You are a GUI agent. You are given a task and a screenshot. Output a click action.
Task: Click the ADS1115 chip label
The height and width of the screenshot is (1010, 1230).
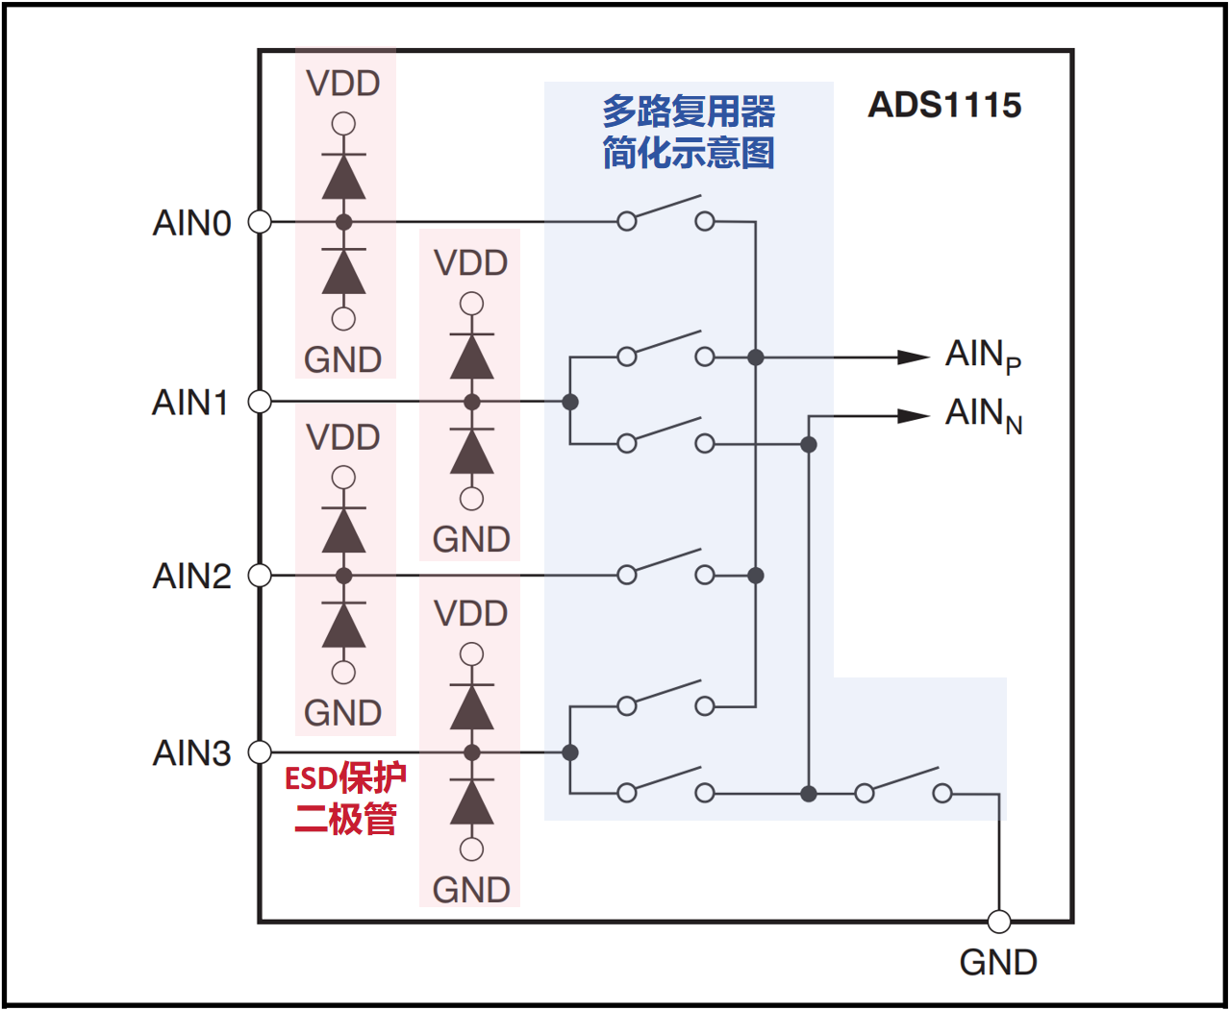coord(944,105)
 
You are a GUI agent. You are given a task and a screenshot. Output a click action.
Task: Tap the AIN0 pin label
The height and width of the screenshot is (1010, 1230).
coord(192,223)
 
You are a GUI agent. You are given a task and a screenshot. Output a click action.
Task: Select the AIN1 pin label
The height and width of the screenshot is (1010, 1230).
coord(190,402)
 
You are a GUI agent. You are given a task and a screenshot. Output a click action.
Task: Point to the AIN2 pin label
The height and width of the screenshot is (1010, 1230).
coord(192,576)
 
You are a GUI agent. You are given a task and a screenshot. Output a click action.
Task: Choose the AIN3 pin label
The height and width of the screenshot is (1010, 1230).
coord(192,752)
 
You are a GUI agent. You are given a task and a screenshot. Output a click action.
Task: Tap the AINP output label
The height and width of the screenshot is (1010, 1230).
coord(983,357)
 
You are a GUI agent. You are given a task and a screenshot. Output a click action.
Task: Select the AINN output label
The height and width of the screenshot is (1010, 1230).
coord(984,415)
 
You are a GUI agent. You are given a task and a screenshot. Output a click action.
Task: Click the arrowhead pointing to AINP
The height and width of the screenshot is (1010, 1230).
coord(914,357)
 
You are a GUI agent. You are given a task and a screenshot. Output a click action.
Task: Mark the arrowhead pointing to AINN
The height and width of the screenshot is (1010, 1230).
coord(914,416)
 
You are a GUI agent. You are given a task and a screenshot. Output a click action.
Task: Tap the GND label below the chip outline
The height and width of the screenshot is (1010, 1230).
coord(998,962)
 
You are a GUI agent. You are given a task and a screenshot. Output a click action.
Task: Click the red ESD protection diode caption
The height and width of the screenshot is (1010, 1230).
coord(345,798)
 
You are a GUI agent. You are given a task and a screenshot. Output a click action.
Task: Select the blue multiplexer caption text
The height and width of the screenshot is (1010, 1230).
coord(689,132)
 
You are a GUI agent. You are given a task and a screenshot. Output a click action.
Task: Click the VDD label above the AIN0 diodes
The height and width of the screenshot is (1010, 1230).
coord(343,84)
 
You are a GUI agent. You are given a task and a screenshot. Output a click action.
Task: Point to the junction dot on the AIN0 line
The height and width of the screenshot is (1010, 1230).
coord(344,222)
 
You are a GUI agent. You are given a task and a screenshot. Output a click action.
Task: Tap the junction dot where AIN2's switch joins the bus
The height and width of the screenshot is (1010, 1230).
coord(756,576)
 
